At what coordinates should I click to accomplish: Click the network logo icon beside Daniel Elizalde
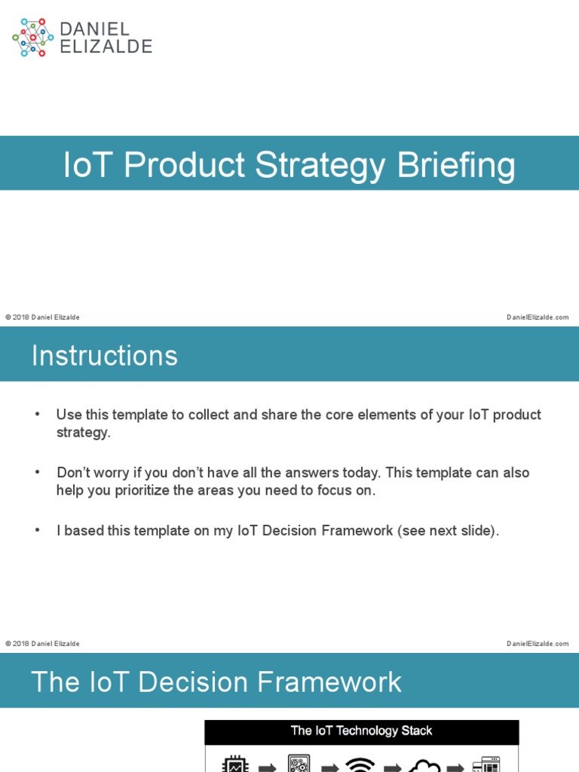click(x=32, y=38)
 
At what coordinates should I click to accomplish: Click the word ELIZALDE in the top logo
click(x=106, y=47)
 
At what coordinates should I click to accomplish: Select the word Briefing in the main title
click(x=457, y=165)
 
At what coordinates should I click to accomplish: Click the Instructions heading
click(x=105, y=356)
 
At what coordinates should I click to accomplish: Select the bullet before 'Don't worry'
click(x=37, y=473)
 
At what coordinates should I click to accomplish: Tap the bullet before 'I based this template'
click(x=37, y=531)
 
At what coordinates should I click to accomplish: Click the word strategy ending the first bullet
click(x=83, y=433)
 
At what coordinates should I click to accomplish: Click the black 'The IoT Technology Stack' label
click(x=362, y=731)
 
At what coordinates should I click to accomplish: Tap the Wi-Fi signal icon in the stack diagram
click(x=360, y=764)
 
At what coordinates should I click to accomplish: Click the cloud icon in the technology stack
click(x=424, y=764)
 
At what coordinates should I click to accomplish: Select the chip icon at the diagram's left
click(x=235, y=764)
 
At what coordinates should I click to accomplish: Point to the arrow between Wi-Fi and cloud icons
click(x=392, y=767)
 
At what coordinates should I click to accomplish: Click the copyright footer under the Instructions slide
click(x=42, y=644)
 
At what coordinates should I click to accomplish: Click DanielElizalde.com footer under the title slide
click(x=538, y=317)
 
